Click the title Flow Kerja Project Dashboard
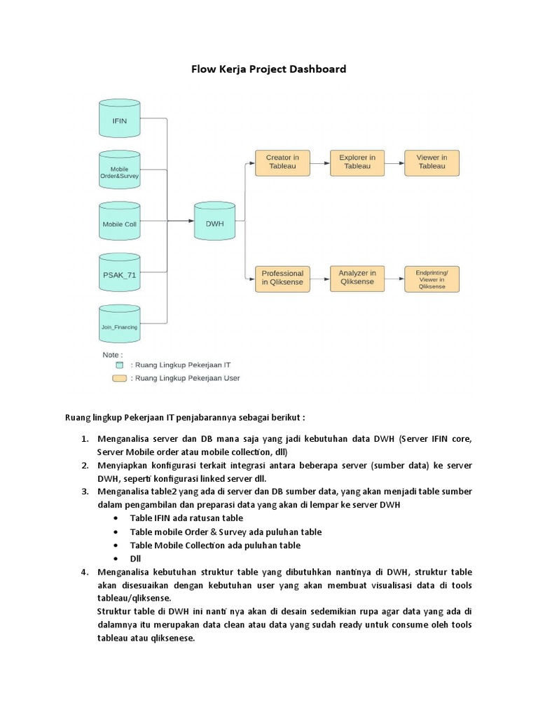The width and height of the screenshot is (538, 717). click(x=269, y=69)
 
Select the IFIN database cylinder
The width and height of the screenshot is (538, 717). click(x=120, y=120)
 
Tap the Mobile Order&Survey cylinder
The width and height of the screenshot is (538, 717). click(x=120, y=173)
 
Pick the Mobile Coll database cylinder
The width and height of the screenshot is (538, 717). click(x=120, y=224)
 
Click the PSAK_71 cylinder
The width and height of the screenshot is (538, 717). click(x=120, y=275)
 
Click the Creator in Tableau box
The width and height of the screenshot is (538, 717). click(x=282, y=162)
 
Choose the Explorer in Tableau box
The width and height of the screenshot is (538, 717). click(x=357, y=162)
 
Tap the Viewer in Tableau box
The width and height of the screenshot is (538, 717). click(x=432, y=162)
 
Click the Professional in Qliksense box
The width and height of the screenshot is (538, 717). click(x=282, y=278)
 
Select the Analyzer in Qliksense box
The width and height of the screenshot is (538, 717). click(x=357, y=278)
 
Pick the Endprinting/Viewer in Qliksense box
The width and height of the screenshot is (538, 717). click(x=432, y=278)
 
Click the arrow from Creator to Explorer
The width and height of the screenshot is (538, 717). click(x=319, y=162)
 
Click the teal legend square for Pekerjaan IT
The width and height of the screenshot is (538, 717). click(x=120, y=365)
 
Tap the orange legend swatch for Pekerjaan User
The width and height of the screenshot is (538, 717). click(x=120, y=378)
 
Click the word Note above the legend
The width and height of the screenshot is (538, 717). click(x=111, y=355)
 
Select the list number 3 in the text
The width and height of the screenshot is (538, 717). click(x=83, y=492)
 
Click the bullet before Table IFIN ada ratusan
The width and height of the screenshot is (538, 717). click(x=115, y=518)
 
